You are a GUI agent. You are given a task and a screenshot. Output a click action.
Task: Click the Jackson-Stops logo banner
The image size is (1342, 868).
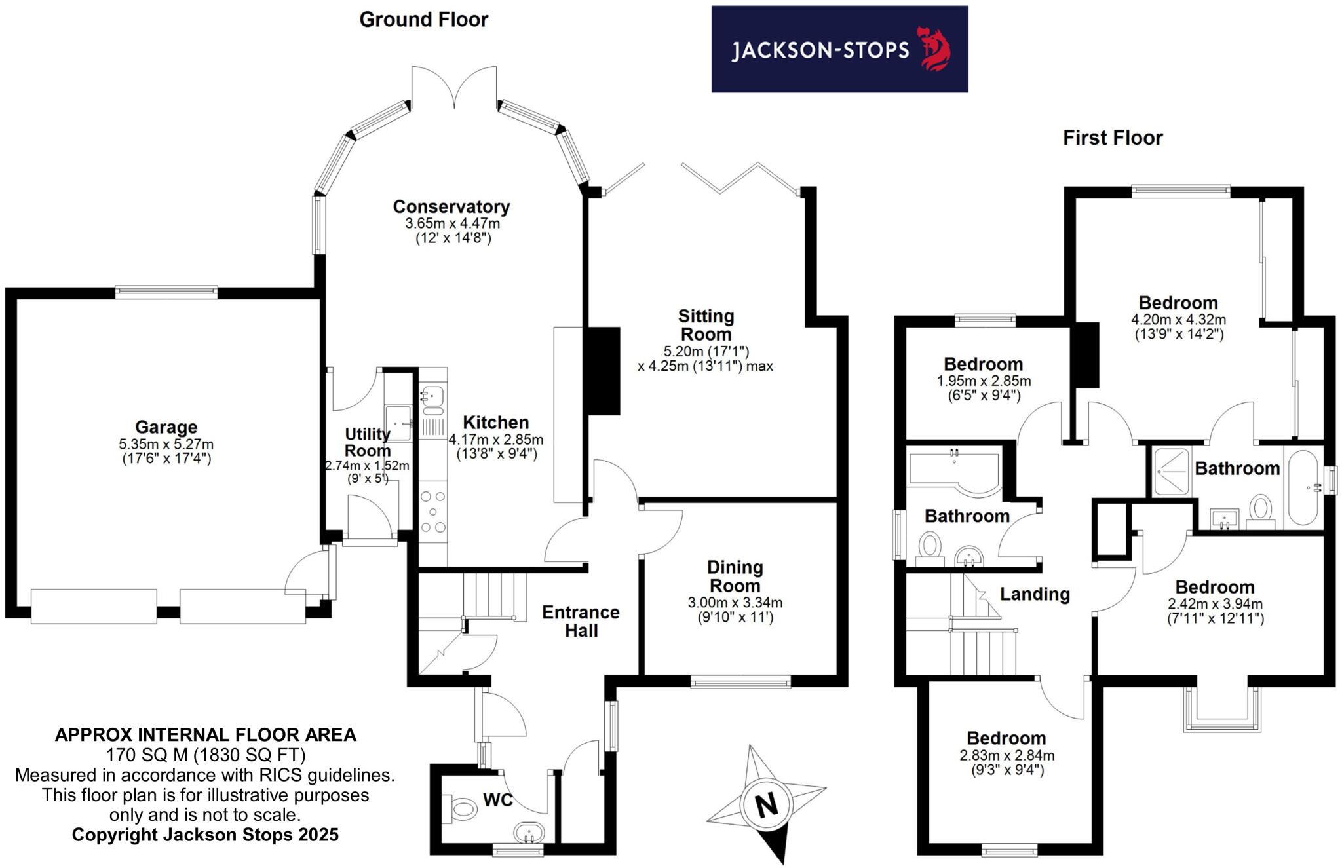839,49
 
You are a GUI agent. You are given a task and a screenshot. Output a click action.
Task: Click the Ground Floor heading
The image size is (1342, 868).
423,20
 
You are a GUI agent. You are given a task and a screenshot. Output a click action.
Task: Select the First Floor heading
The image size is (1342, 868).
1112,138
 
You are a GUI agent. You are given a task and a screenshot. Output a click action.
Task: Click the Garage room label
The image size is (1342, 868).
166,427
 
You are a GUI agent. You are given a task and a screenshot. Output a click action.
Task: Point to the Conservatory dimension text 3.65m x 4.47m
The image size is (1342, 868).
452,223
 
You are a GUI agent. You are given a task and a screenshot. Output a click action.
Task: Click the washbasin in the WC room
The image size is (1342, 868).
529,833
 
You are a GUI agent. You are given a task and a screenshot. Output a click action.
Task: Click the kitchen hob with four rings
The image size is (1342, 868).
433,512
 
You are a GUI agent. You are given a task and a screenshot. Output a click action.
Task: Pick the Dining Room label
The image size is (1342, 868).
735,576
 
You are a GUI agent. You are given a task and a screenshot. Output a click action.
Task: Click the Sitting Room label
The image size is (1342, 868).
706,325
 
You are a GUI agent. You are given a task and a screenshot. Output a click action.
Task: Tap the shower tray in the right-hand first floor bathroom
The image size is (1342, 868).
1170,471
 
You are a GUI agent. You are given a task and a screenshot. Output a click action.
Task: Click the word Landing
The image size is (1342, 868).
1034,594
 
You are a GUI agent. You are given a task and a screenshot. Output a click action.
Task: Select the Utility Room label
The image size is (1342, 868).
368,442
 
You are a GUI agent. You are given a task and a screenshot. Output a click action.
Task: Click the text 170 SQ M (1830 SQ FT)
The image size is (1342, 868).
206,755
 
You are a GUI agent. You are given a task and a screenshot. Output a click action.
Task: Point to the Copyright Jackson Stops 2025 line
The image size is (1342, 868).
205,835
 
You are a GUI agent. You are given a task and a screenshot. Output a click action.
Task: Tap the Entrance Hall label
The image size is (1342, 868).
581,621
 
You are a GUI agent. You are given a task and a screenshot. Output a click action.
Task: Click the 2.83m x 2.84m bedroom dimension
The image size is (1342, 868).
1006,755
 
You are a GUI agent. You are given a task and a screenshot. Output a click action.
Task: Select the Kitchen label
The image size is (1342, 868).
495,423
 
